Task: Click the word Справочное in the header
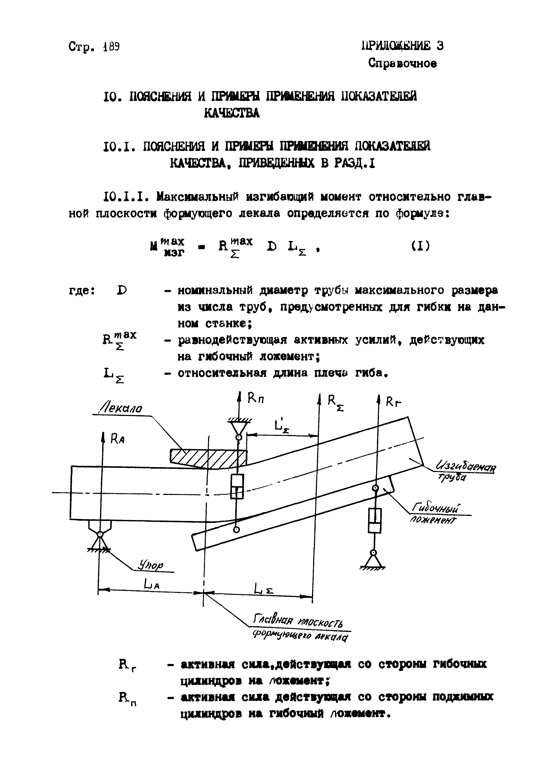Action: coord(402,63)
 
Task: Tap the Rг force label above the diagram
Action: coord(393,402)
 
